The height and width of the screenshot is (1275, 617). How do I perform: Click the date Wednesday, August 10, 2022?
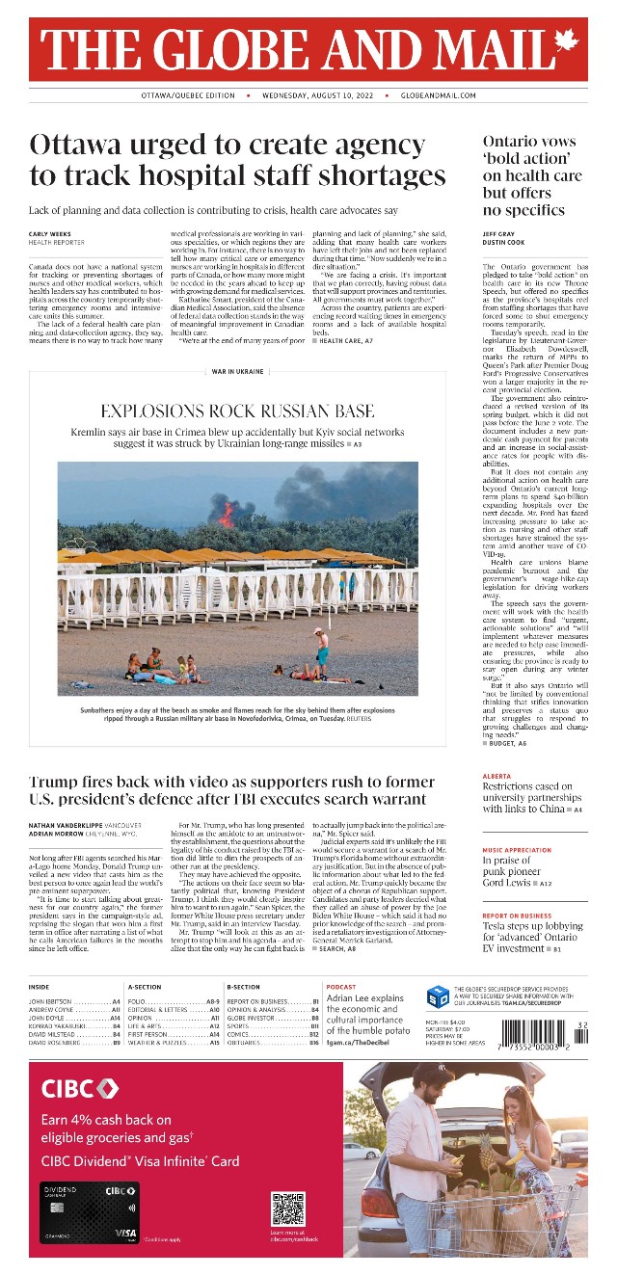pyautogui.click(x=317, y=96)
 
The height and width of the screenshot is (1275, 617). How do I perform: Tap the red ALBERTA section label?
pyautogui.click(x=496, y=775)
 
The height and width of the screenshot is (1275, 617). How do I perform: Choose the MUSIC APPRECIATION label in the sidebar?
pyautogui.click(x=518, y=850)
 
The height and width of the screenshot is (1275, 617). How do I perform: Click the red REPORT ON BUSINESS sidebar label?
pyautogui.click(x=518, y=915)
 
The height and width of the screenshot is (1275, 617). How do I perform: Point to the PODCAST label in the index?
pyautogui.click(x=341, y=988)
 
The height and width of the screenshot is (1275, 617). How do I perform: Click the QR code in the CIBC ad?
pyautogui.click(x=287, y=1209)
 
